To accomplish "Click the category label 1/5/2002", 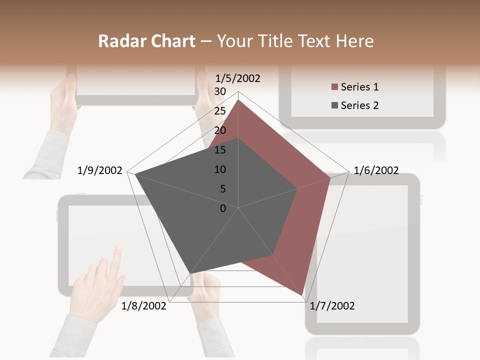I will (x=237, y=78).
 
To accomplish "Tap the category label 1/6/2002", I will (x=376, y=170).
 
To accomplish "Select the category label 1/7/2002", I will (x=332, y=306).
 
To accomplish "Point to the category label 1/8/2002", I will (x=144, y=306).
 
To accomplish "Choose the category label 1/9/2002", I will (x=100, y=170).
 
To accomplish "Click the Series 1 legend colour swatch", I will (x=335, y=87).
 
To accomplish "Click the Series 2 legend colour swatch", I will (x=335, y=105).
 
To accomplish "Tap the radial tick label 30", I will (x=220, y=91).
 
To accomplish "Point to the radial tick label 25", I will (x=220, y=111).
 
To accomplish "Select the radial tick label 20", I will (x=220, y=130).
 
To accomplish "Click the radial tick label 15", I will (x=220, y=150).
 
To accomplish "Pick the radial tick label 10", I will (x=220, y=169).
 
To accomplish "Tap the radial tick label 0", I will (x=223, y=208).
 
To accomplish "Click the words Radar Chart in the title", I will (x=146, y=41).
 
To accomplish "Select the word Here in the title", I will (x=354, y=41).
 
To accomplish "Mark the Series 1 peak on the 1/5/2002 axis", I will (x=238, y=99).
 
